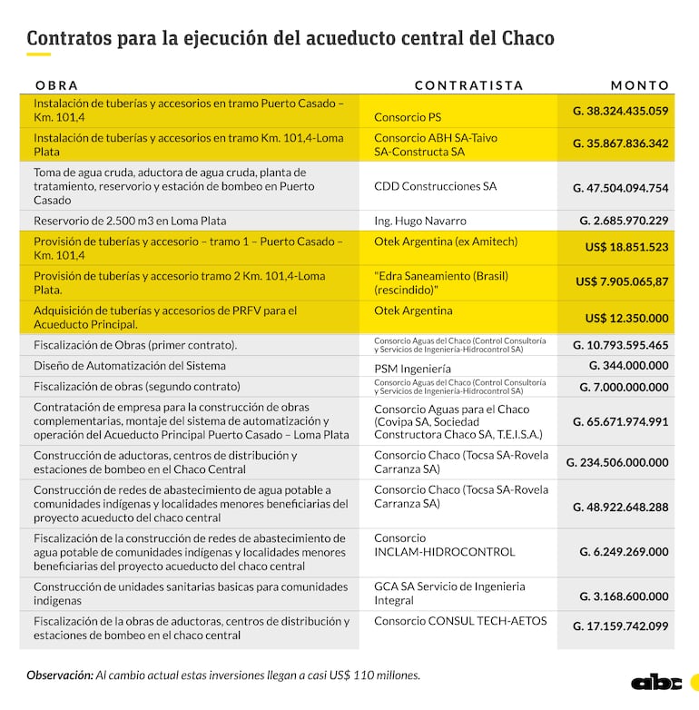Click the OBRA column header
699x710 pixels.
tap(56, 85)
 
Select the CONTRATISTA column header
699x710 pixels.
tap(468, 85)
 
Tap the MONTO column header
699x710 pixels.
tap(639, 85)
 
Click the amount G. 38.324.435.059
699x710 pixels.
tap(620, 111)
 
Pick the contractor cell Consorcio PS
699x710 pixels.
tap(408, 117)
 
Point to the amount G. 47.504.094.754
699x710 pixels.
tap(620, 188)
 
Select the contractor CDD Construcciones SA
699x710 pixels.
tap(435, 186)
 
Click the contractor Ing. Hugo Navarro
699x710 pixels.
tap(420, 221)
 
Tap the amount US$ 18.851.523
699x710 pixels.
tap(626, 247)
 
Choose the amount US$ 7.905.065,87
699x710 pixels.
tap(622, 281)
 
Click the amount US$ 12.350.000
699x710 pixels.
tap(626, 318)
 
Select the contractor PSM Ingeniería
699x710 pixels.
tap(412, 370)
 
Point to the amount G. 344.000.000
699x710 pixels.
tap(628, 365)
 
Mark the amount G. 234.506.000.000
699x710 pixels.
tap(617, 462)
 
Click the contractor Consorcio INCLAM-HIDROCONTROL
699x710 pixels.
tap(444, 545)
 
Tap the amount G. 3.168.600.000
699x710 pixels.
tap(624, 597)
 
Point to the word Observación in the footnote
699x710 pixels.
tap(59, 675)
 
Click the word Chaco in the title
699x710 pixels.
tap(527, 38)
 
